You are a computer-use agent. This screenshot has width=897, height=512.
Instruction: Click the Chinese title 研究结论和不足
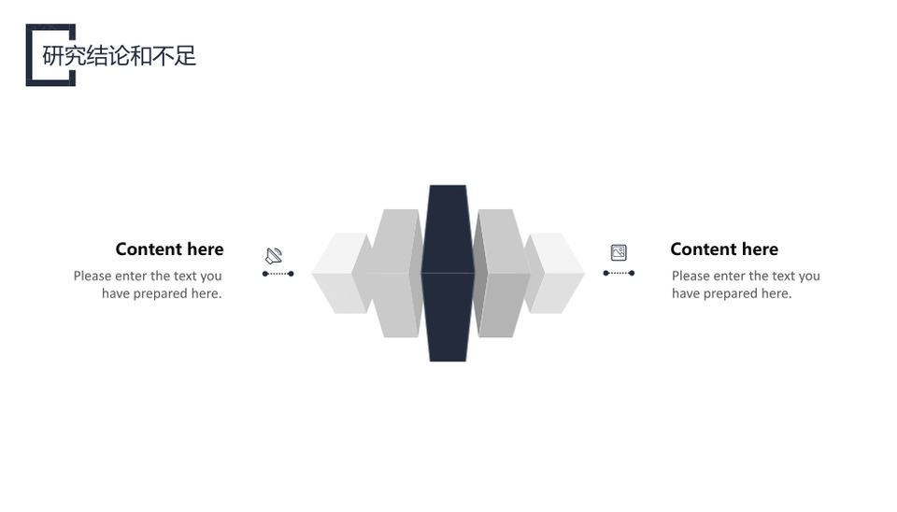119,55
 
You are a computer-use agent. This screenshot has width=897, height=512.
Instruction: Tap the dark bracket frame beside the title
29,55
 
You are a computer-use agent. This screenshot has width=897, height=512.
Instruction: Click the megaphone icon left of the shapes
274,255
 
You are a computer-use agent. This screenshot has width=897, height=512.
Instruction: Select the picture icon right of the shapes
619,252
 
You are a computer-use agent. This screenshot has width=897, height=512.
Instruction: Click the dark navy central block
448,273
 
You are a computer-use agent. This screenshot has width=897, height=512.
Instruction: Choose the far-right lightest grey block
556,274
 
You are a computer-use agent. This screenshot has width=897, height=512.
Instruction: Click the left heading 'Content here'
169,249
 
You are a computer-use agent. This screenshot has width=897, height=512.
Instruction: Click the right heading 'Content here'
724,249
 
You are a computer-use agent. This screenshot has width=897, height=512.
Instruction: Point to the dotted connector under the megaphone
278,274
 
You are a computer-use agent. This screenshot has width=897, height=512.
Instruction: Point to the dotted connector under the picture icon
619,274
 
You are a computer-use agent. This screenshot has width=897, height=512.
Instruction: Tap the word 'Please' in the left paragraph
93,276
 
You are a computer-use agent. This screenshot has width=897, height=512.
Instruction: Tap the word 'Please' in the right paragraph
691,276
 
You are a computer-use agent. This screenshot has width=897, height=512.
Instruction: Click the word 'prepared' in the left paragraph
161,294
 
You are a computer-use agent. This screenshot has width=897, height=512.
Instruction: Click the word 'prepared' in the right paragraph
731,294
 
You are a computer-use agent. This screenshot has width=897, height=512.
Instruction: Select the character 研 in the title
52,55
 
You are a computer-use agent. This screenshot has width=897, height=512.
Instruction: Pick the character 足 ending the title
186,55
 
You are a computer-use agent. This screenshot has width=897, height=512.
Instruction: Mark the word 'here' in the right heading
760,249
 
